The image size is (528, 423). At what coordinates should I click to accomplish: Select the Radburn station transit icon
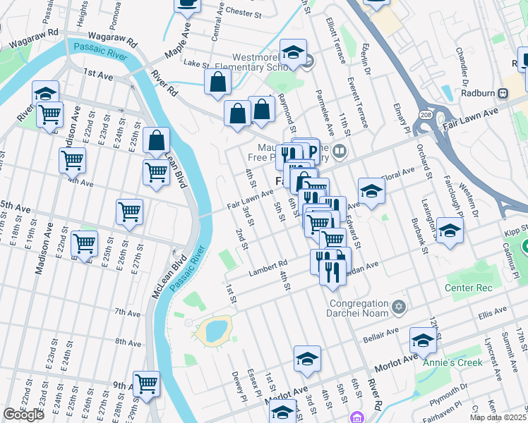pyautogui.click(x=504, y=93)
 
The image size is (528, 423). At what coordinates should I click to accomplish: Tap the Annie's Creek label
pyautogui.click(x=452, y=362)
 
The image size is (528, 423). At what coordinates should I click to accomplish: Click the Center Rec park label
pyautogui.click(x=467, y=288)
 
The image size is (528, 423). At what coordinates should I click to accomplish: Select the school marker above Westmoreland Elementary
pyautogui.click(x=293, y=53)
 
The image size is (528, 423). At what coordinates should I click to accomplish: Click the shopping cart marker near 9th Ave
pyautogui.click(x=146, y=384)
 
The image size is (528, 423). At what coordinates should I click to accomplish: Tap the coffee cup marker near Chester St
pyautogui.click(x=187, y=4)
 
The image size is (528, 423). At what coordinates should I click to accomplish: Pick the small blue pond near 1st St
pyautogui.click(x=215, y=329)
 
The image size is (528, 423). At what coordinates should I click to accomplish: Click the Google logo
pyautogui.click(x=23, y=415)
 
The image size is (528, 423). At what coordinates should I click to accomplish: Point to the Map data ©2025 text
pyautogui.click(x=498, y=417)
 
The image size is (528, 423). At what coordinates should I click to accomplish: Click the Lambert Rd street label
pyautogui.click(x=267, y=269)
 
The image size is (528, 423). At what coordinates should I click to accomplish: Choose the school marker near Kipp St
pyautogui.click(x=450, y=231)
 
